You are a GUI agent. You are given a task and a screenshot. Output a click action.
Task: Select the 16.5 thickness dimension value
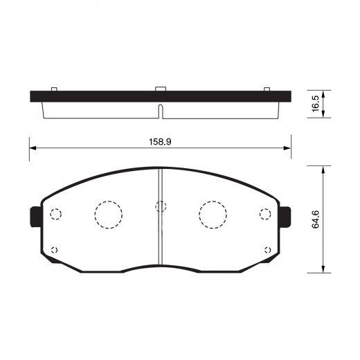click(315, 104)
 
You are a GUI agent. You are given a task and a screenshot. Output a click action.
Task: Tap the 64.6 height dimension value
click(316, 218)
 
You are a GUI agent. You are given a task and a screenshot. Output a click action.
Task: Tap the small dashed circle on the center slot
click(161, 206)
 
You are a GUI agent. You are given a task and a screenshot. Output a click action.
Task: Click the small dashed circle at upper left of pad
click(56, 214)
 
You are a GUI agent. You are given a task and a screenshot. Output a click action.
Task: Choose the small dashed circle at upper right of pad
click(264, 214)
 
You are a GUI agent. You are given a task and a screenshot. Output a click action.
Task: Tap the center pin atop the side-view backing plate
click(160, 88)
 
